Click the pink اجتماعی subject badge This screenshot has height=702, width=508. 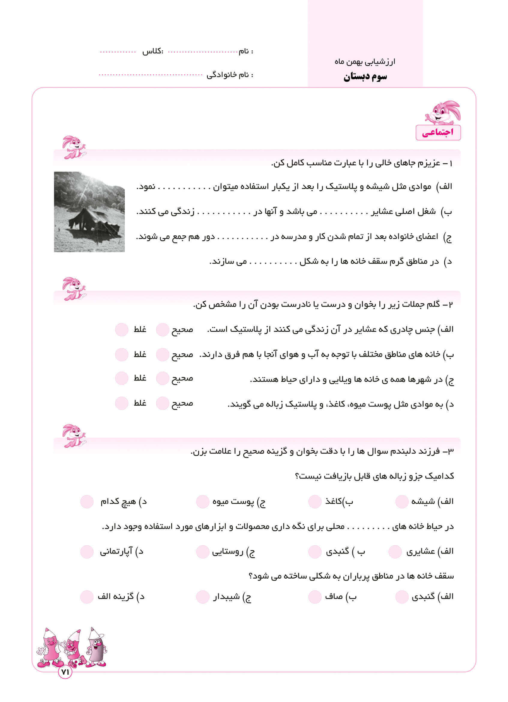438,132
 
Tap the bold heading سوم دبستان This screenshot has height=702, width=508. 365,77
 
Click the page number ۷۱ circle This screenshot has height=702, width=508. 65,672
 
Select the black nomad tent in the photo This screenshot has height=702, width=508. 93,221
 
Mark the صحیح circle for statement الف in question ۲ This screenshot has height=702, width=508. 162,330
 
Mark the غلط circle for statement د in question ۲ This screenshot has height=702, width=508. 122,403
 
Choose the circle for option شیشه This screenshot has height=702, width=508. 402,502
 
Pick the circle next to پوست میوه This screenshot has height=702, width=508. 203,502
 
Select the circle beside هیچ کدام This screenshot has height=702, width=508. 87,502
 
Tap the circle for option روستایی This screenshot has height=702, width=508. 203,552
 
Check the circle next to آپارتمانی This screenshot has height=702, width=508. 87,552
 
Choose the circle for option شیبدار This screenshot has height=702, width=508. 203,596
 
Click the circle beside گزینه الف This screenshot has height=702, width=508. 87,596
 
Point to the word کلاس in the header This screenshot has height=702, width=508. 152,51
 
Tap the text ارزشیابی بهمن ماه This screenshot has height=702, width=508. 365,62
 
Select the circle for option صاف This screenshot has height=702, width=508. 315,596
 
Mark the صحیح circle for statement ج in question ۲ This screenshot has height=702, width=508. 162,378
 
